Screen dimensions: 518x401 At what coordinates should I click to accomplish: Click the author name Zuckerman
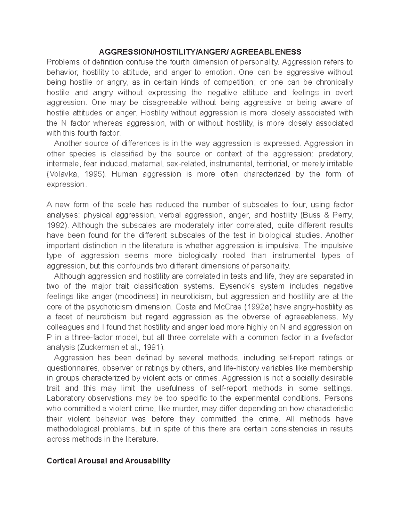98,347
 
